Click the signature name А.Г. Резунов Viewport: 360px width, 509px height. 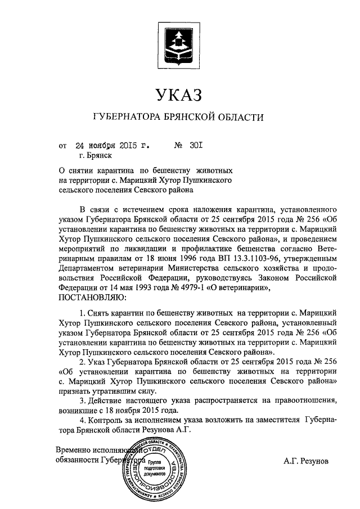point(307,461)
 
